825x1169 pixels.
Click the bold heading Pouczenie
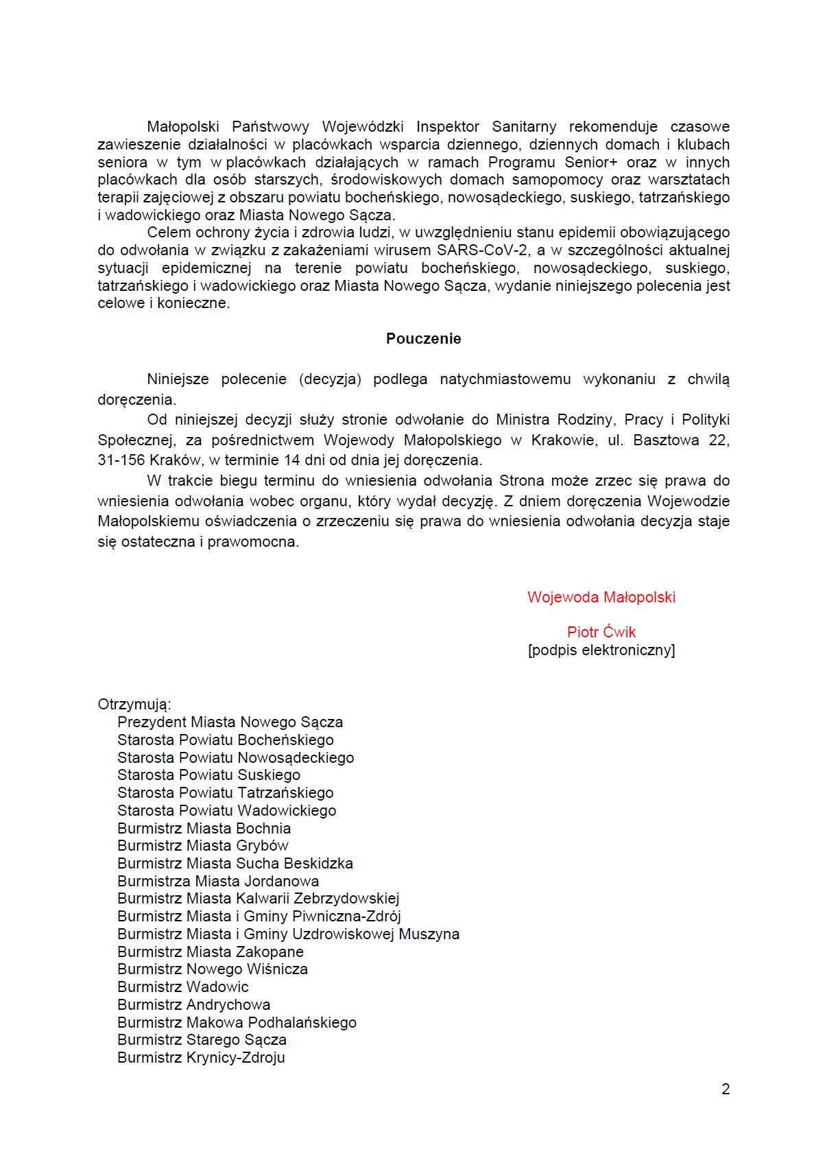(423, 339)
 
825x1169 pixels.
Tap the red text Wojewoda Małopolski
(601, 598)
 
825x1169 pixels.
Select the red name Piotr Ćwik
(601, 633)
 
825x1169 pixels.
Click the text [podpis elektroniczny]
(601, 650)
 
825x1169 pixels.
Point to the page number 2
(726, 1089)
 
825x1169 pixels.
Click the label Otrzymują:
(134, 705)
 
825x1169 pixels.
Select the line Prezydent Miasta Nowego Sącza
(230, 722)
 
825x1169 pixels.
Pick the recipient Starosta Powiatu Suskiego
(208, 775)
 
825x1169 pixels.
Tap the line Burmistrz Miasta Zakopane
(210, 952)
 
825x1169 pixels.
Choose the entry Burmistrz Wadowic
(182, 987)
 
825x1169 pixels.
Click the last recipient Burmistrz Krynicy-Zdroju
(201, 1058)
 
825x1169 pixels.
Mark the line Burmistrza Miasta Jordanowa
(218, 882)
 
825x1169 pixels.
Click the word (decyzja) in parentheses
(330, 379)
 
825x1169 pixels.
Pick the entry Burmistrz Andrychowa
(193, 1005)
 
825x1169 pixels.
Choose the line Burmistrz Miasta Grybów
(202, 846)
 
